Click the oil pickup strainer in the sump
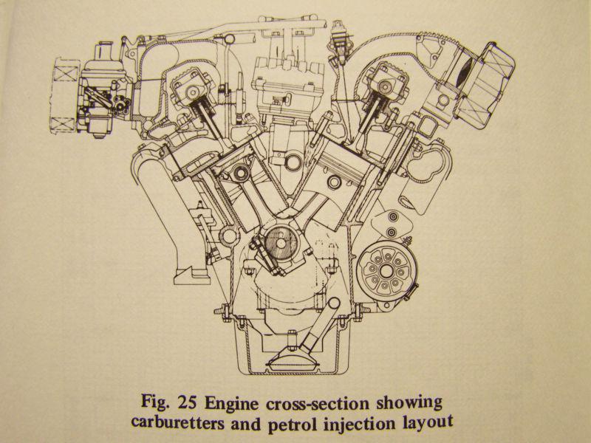287,363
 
